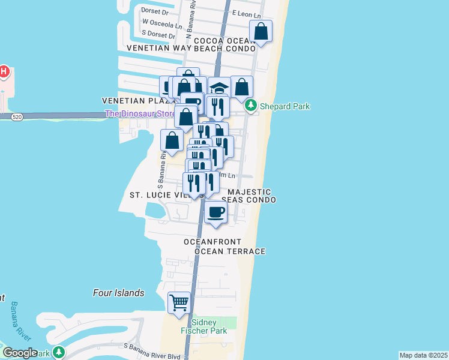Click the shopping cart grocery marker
coord(179,302)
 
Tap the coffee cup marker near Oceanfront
coord(216,212)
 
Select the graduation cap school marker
coord(220,87)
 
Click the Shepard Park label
coord(285,106)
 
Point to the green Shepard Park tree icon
coord(253,106)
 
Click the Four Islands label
coord(119,293)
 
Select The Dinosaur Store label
coord(140,113)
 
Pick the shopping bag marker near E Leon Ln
coord(261,31)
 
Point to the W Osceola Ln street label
coord(161,25)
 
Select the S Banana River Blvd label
coord(152,346)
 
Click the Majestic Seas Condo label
coord(249,196)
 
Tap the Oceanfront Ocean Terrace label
coord(224,247)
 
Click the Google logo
coord(20,352)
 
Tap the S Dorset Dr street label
coord(158,36)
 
